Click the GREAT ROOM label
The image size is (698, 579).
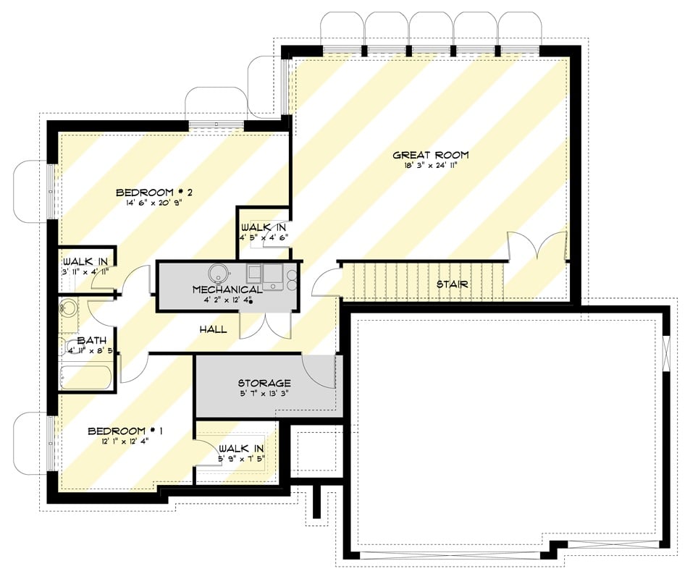[430, 155]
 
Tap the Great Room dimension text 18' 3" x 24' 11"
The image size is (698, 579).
[430, 166]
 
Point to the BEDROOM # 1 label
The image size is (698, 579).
[125, 431]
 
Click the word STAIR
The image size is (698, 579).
[452, 284]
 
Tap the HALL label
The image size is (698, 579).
[214, 329]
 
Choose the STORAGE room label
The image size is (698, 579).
[264, 383]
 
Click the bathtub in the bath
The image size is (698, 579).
[86, 377]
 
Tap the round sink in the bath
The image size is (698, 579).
[69, 308]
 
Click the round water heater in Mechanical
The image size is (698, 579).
[219, 273]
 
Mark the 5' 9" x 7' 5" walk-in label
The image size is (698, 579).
[243, 457]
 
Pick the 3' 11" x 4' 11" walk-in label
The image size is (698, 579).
[85, 271]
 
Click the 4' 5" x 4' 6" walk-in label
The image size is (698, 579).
[265, 237]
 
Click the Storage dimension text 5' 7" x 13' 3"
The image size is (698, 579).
[264, 394]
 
